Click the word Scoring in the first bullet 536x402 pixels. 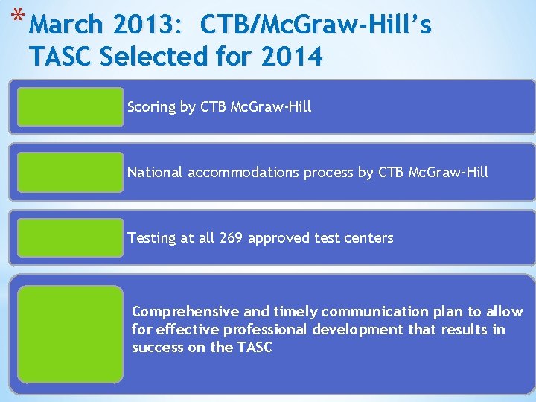point(151,107)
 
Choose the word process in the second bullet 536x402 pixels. point(328,173)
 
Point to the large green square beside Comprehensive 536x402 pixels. point(71,334)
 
